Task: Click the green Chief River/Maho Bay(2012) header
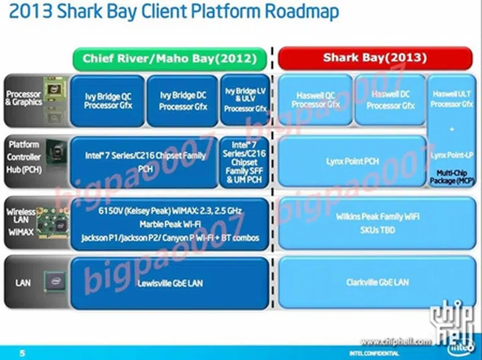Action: (x=169, y=59)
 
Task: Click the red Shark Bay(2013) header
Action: (x=374, y=58)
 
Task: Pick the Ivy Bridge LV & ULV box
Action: (x=246, y=99)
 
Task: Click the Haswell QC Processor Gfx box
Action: (x=316, y=100)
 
